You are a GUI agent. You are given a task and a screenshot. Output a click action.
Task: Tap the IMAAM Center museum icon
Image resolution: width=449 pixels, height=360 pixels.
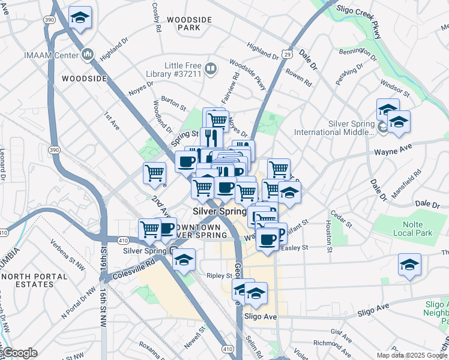point(88,55)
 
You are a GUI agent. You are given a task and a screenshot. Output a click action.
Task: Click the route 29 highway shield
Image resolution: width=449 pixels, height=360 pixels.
point(288,55)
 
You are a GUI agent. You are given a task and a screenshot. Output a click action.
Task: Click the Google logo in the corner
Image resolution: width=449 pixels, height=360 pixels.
point(19,353)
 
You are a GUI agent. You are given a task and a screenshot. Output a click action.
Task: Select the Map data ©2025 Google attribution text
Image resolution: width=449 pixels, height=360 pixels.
point(411,355)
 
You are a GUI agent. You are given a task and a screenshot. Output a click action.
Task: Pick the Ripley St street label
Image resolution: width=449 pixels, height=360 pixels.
point(220,276)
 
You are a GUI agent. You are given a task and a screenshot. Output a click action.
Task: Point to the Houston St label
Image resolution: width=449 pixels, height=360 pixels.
point(329,235)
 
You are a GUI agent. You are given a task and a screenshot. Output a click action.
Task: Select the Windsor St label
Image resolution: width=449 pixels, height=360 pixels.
point(395,89)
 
